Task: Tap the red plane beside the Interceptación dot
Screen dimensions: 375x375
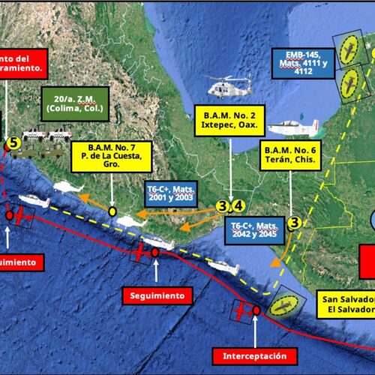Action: coord(242,311)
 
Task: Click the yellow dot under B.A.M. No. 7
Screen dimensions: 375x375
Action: coord(112,211)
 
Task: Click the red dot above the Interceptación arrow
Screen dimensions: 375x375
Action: coord(256,310)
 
